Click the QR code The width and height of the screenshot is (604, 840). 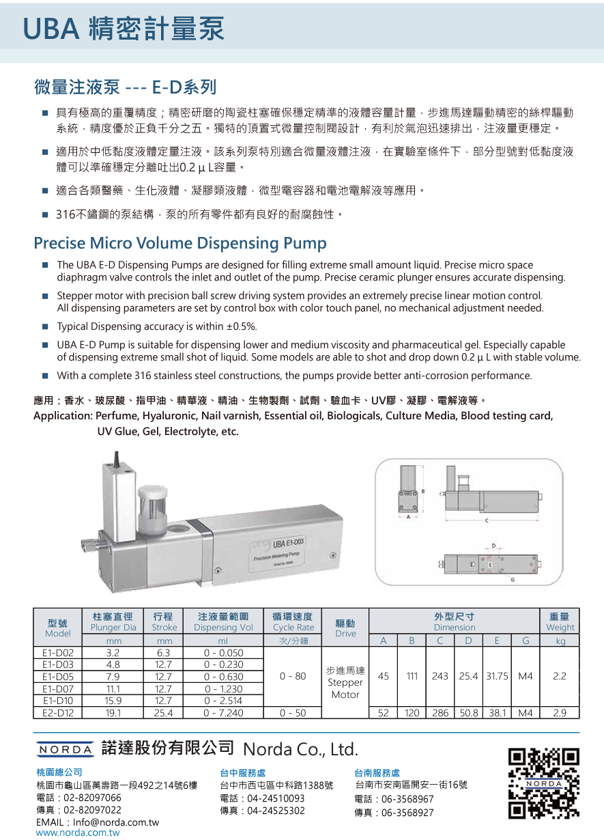coord(544,783)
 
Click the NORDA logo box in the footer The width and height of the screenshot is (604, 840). coord(64,748)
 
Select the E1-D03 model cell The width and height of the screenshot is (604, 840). coord(58,664)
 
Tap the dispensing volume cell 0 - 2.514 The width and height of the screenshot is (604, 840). coord(223,701)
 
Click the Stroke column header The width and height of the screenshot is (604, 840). coord(164,622)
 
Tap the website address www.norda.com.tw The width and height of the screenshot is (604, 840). coord(78,833)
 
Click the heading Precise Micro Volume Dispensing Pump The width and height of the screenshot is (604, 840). coord(180,243)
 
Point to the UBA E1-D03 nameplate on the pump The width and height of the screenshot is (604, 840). coord(289,544)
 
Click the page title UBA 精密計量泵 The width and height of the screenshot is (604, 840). coord(124,29)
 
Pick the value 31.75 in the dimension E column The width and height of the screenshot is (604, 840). coord(498,677)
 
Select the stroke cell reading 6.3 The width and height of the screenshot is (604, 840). coord(164,652)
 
